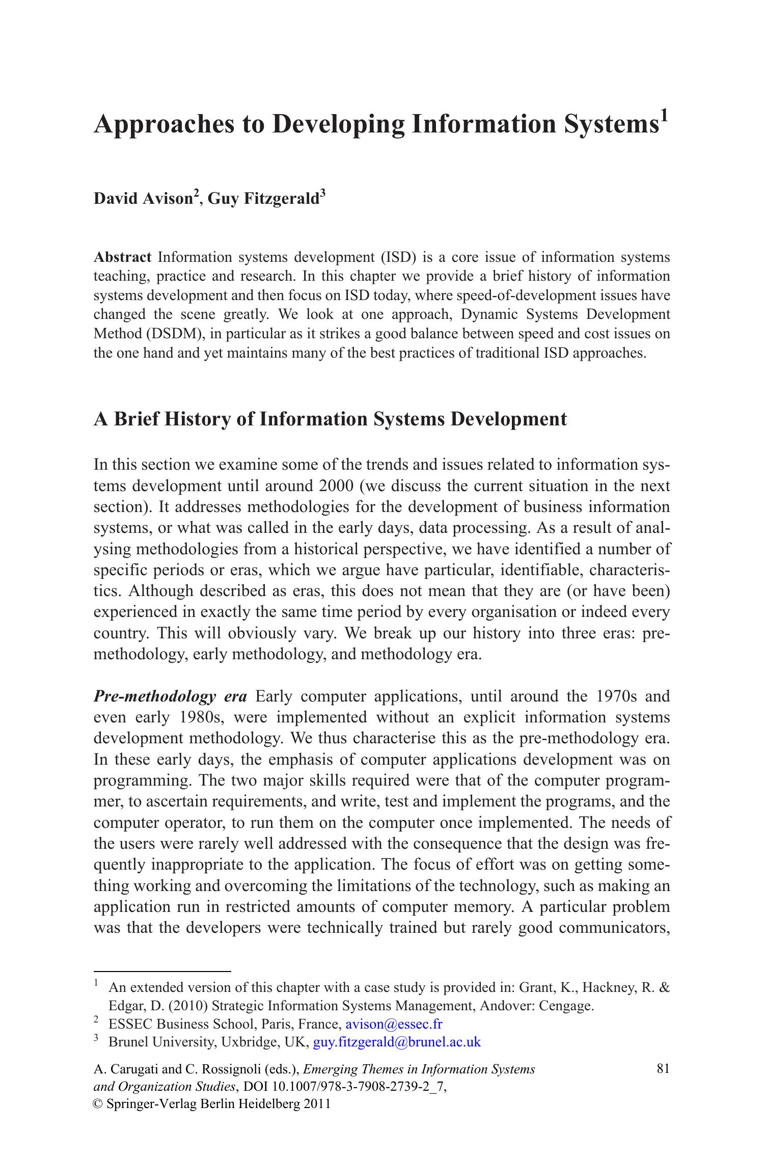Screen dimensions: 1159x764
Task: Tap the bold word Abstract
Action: (x=122, y=257)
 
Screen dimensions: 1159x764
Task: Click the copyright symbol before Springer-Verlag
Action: (x=98, y=1104)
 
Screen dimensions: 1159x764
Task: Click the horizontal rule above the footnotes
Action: (x=162, y=971)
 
